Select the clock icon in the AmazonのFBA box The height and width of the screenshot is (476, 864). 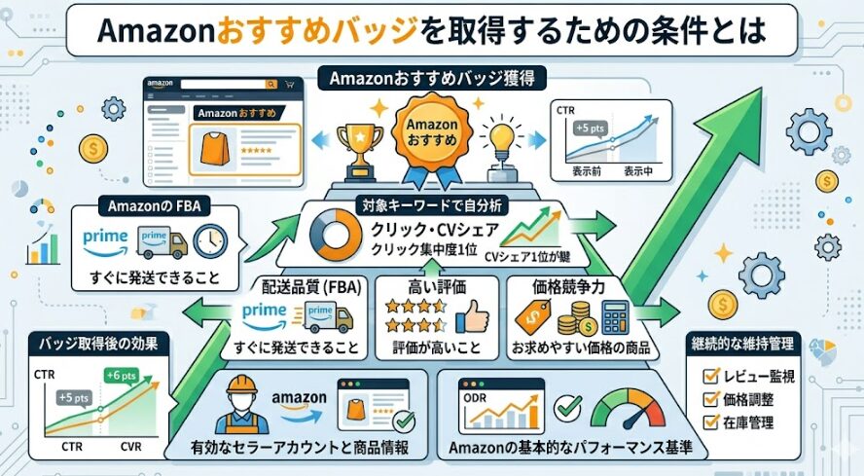pyautogui.click(x=209, y=240)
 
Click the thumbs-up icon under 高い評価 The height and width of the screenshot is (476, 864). pyautogui.click(x=472, y=316)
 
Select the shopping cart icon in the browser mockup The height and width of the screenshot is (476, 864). pyautogui.click(x=288, y=86)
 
